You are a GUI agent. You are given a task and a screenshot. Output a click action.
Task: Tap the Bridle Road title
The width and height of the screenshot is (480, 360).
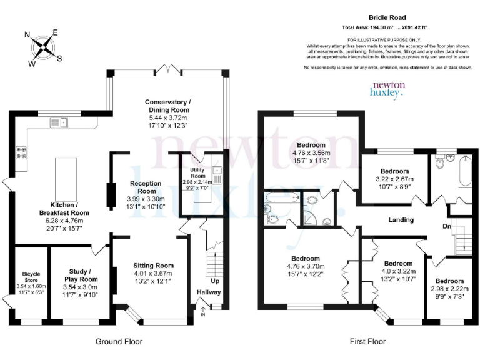click(x=387, y=19)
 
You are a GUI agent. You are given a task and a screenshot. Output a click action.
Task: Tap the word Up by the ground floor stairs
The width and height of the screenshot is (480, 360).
click(x=214, y=281)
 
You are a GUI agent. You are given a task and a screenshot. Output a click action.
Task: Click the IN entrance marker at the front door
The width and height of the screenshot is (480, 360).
click(x=202, y=314)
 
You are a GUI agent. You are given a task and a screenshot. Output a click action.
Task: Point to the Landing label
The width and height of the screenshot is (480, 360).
click(x=401, y=219)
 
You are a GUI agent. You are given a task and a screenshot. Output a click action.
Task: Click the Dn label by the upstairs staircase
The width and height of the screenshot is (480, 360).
click(x=446, y=226)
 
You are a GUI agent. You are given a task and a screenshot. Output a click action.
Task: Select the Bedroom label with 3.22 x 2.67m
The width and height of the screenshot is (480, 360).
click(x=394, y=171)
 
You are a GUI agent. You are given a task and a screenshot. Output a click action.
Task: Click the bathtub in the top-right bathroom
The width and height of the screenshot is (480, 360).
click(x=465, y=171)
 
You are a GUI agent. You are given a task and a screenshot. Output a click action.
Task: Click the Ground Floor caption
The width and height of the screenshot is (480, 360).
click(x=119, y=342)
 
